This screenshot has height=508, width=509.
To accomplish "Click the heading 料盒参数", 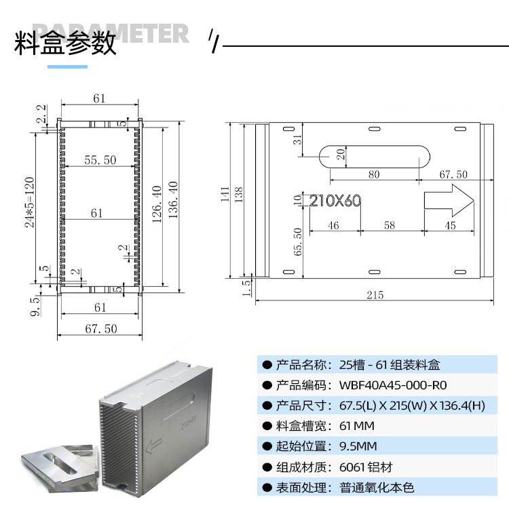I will tap(65, 43).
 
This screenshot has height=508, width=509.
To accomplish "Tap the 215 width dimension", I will tap(375, 295).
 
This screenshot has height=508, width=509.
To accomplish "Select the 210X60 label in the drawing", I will tap(335, 201).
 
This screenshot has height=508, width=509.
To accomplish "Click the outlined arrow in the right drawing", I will tap(449, 200).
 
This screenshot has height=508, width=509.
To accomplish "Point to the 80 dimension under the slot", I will tap(374, 174).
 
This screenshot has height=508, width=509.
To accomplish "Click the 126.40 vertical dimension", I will tap(157, 203).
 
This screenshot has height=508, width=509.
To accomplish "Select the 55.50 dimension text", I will tap(100, 160).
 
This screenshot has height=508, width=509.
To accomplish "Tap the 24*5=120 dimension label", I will tap(30, 202).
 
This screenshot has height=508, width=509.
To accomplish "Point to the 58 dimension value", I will tap(389, 226).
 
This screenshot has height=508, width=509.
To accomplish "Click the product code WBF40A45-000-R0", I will tap(392, 385).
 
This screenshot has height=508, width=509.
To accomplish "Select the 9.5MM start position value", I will tap(358, 446).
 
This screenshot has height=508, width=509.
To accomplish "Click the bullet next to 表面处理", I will tap(267, 487).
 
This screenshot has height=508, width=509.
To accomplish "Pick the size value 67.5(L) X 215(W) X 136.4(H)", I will tap(412, 406).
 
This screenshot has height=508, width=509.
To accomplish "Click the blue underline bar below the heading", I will tap(67, 66).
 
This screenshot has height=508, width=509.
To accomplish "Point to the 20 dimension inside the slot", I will tap(341, 155).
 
